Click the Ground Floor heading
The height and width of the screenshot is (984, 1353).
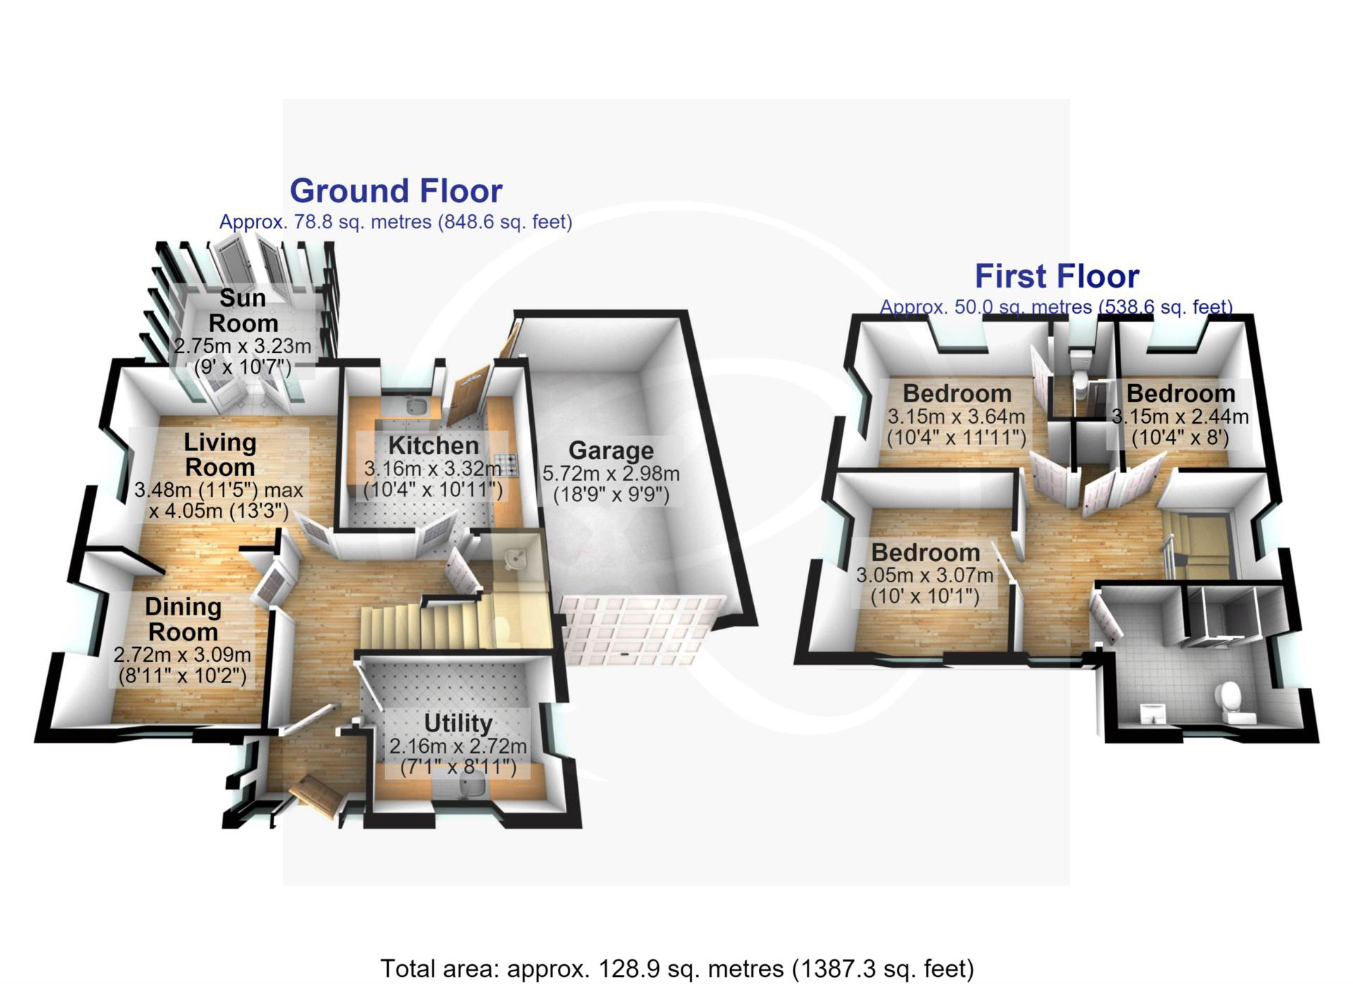pyautogui.click(x=396, y=191)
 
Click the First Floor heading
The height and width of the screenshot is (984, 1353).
pyautogui.click(x=1056, y=276)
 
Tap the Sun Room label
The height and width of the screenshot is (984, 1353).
pyautogui.click(x=243, y=311)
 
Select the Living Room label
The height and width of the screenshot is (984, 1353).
pyautogui.click(x=220, y=455)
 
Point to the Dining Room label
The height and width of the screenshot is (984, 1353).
pyautogui.click(x=183, y=619)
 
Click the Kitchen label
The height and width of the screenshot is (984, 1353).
pyautogui.click(x=433, y=445)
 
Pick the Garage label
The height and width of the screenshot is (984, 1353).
pyautogui.click(x=611, y=450)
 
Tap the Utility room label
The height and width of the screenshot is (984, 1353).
pyautogui.click(x=458, y=723)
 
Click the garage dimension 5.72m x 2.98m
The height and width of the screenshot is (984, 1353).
pyautogui.click(x=611, y=473)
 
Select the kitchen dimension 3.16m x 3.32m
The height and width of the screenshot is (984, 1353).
pyautogui.click(x=433, y=468)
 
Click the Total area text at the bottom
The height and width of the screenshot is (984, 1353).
pyautogui.click(x=677, y=968)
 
